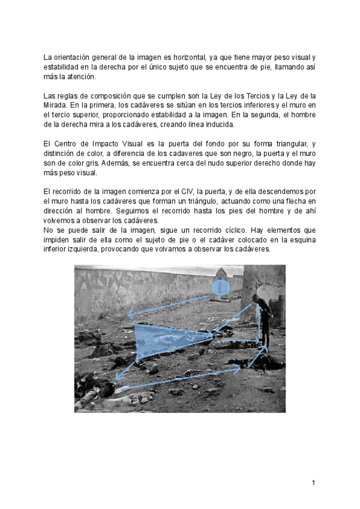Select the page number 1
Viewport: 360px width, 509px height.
(313, 482)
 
